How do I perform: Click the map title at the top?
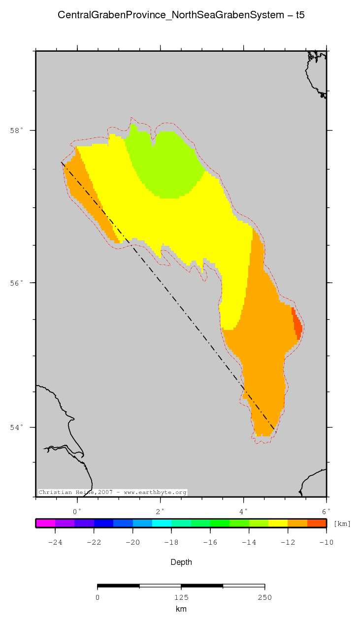pyautogui.click(x=181, y=15)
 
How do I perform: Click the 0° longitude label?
pyautogui.click(x=77, y=511)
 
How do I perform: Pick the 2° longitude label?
pyautogui.click(x=160, y=511)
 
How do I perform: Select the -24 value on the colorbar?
pyautogui.click(x=55, y=543)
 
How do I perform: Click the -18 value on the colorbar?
pyautogui.click(x=171, y=543)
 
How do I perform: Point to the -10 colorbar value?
pyautogui.click(x=326, y=543)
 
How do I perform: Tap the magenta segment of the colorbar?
pyautogui.click(x=45, y=524)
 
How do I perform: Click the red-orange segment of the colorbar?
pyautogui.click(x=317, y=524)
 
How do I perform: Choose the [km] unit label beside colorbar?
pyautogui.click(x=342, y=524)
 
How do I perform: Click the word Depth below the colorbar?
pyautogui.click(x=181, y=562)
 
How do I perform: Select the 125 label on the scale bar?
pyautogui.click(x=181, y=598)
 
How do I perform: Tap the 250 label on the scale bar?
pyautogui.click(x=264, y=598)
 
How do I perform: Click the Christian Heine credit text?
pyautogui.click(x=112, y=492)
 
